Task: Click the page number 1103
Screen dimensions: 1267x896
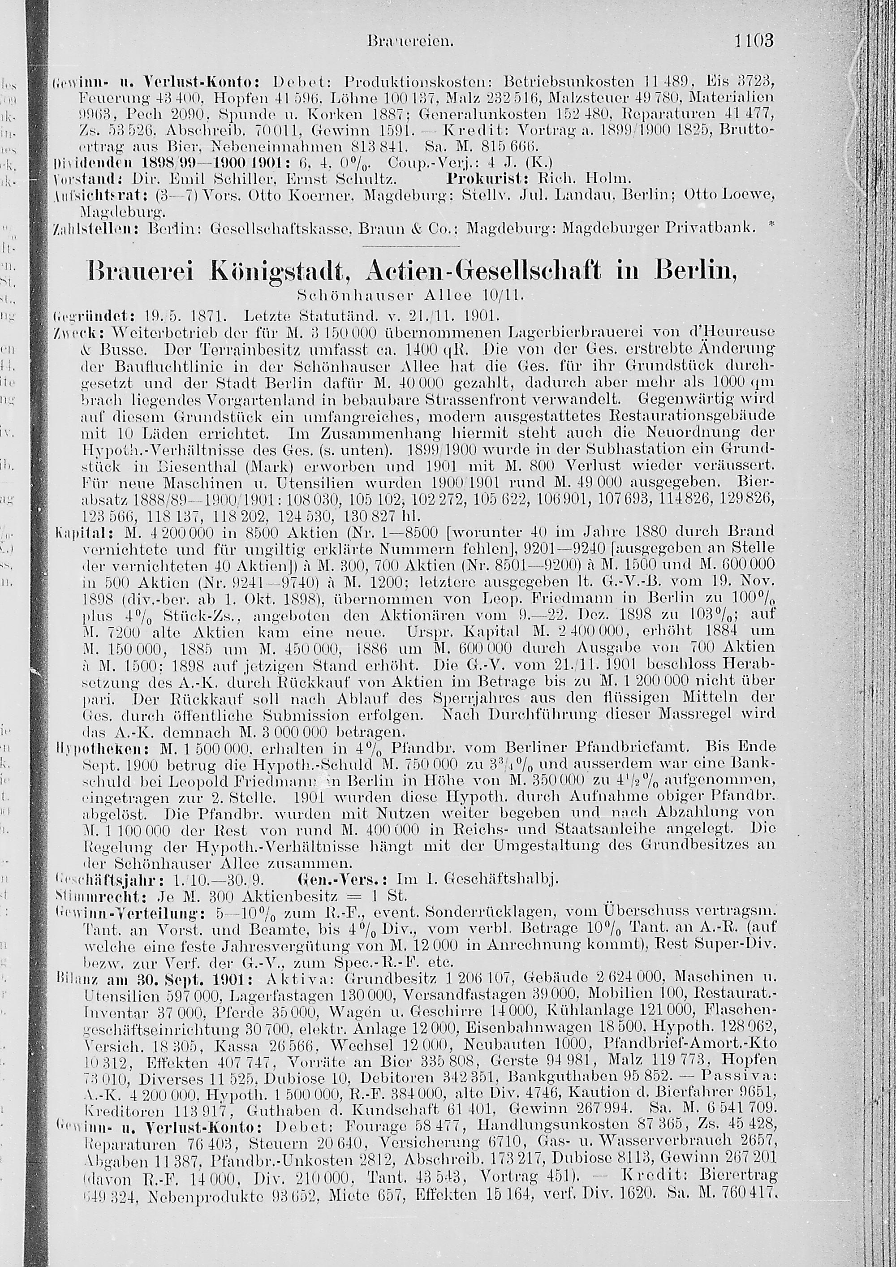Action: [x=754, y=41]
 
